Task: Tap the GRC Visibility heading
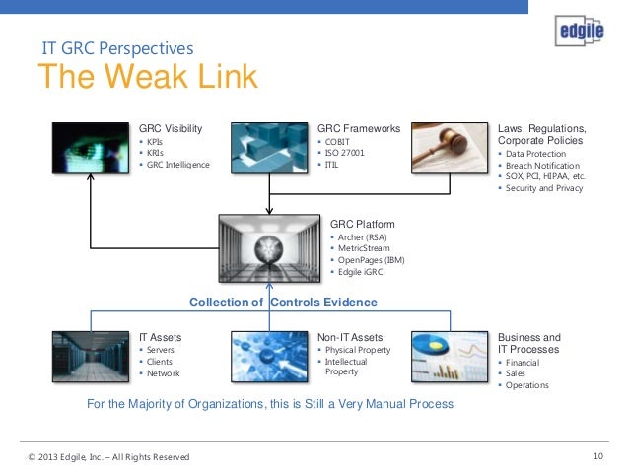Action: [171, 128]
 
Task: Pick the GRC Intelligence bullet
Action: [178, 165]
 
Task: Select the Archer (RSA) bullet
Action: [364, 236]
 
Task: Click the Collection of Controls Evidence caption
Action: [283, 303]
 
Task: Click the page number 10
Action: [598, 456]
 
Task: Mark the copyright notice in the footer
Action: [109, 457]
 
